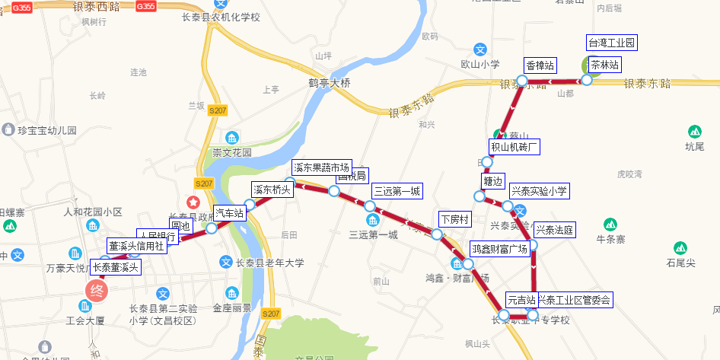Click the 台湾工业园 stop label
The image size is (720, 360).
point(611,42)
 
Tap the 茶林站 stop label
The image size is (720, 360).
point(605,65)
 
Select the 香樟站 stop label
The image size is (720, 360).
point(540,65)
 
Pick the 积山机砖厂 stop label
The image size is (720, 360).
point(514,146)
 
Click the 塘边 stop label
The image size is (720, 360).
point(492,181)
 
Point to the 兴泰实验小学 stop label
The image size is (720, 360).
point(539,190)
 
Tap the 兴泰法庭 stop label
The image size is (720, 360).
point(554,229)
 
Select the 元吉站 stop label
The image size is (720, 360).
point(522,300)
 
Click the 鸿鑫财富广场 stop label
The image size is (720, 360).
point(499,249)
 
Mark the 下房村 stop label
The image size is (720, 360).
point(455,219)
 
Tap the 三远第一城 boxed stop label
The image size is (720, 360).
point(396,191)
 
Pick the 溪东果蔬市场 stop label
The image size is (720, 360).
point(321,167)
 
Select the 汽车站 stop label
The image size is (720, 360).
point(229,213)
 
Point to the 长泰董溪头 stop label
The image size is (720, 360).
point(116,267)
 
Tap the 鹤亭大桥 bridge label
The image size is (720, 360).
point(330,82)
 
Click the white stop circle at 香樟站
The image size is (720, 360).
point(522,81)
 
